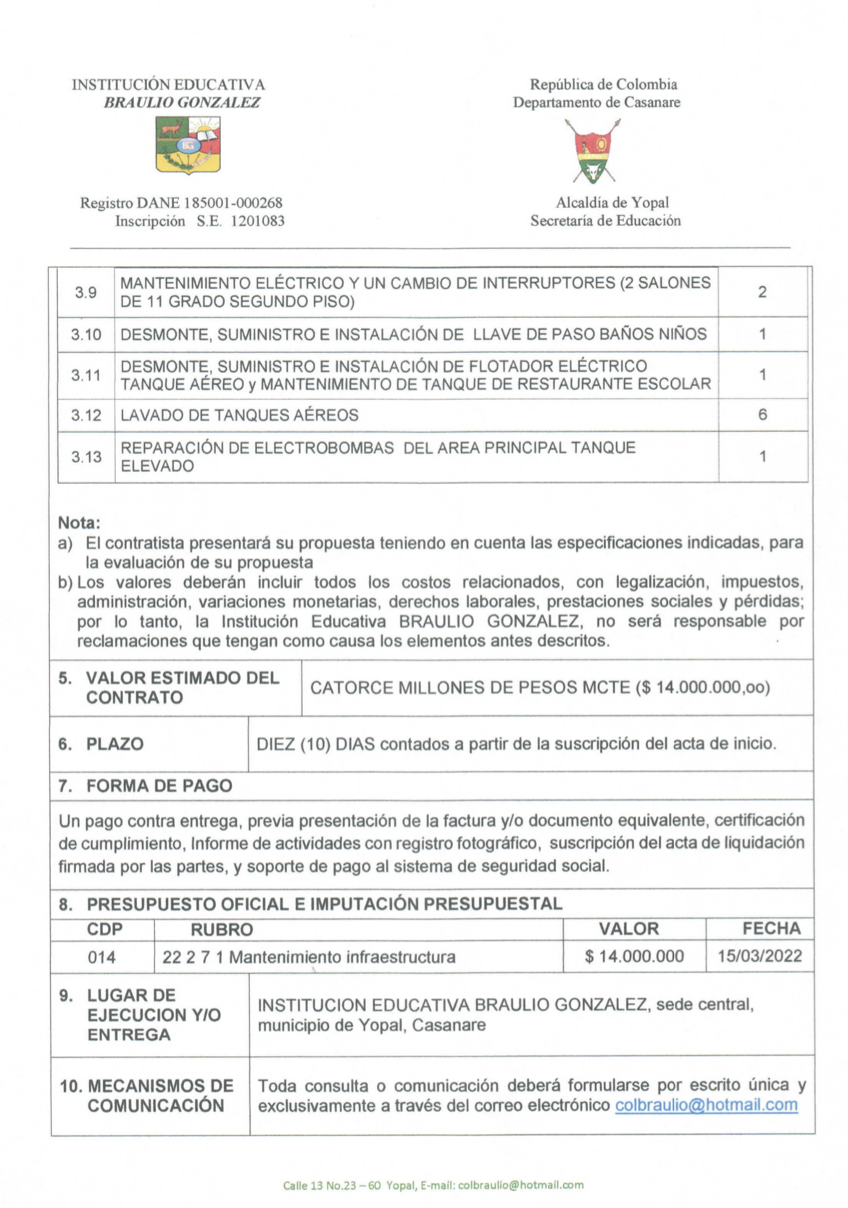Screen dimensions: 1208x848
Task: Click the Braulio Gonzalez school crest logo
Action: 188,146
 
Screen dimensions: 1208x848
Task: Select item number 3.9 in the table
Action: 86,293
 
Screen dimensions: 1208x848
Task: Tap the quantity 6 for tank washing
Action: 762,415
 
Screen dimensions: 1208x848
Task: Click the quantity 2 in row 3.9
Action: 762,293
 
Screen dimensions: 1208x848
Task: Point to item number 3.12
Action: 86,415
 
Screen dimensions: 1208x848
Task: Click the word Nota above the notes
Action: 79,522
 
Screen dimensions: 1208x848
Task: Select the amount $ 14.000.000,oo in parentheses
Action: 702,688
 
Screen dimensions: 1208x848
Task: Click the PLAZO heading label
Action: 115,744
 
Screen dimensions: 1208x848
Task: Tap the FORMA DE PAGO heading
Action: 159,786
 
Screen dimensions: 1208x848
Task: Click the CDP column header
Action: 104,929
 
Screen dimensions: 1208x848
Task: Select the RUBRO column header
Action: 222,930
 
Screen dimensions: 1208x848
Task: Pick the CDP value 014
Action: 101,957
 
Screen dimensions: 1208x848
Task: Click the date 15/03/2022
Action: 760,956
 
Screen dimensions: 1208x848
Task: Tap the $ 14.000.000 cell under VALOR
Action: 634,957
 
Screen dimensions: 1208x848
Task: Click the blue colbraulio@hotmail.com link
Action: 706,1105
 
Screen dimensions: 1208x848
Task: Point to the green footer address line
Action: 433,1186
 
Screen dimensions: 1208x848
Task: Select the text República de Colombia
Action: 603,85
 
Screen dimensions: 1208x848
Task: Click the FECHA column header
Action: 771,928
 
